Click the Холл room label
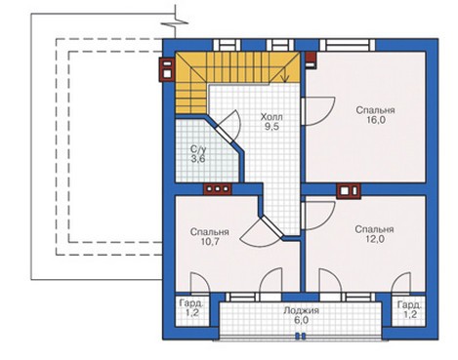pos(271,117)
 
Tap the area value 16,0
pos(375,120)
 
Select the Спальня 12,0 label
pos(374,234)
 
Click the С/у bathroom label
pos(198,149)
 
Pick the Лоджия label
pos(301,310)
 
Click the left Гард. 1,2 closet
pos(191,308)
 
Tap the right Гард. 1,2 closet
pos(409,310)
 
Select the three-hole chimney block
pos(218,189)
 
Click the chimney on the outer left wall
pos(167,69)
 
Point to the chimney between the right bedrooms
pos(349,191)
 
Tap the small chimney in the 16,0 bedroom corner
pos(311,60)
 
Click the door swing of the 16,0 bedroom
pos(317,111)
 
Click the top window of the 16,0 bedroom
pos(348,45)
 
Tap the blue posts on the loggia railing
pos(300,337)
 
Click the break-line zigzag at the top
pos(176,23)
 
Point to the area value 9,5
pos(271,127)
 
